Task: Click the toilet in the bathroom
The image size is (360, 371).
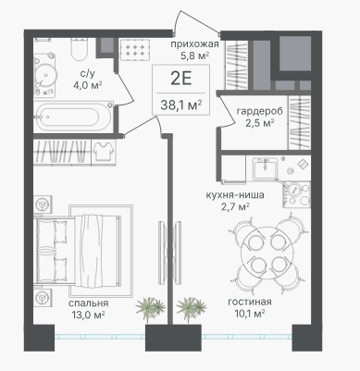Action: [x=80, y=49]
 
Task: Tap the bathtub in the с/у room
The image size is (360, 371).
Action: [x=73, y=117]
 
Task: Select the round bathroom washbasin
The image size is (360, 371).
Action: [x=45, y=74]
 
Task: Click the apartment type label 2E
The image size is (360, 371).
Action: [x=181, y=79]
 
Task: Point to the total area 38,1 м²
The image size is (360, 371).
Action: [x=181, y=105]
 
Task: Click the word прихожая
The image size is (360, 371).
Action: [x=194, y=44]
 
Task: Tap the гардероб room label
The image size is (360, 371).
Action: [x=259, y=111]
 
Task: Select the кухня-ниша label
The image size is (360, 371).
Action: [x=235, y=195]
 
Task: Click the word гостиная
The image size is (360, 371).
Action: [x=250, y=302]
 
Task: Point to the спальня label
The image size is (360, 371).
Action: [x=89, y=303]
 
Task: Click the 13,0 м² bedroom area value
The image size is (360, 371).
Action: [x=88, y=315]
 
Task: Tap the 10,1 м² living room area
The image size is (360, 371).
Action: [x=250, y=314]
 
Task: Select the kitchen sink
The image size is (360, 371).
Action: [x=265, y=168]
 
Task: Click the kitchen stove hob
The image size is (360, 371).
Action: [x=297, y=194]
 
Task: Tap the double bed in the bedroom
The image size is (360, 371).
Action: [x=79, y=250]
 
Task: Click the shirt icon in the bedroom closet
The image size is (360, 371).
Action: [x=104, y=151]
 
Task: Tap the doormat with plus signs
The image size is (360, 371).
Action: [x=135, y=50]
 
